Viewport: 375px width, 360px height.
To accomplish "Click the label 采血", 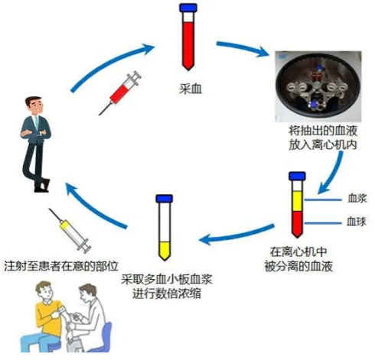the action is [x=191, y=89].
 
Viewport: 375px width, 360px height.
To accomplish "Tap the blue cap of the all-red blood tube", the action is [x=188, y=8].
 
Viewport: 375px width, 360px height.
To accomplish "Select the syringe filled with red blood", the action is [x=120, y=92].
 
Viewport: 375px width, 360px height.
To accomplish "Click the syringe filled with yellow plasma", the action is [x=70, y=231].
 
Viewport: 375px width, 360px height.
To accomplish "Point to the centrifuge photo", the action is [x=318, y=86].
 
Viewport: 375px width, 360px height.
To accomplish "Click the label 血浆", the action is [x=357, y=198].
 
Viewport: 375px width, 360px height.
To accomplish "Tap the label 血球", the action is [x=357, y=222].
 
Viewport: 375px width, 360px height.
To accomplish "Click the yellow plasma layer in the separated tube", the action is [x=297, y=201].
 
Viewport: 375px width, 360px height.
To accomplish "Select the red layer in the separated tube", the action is [x=297, y=224].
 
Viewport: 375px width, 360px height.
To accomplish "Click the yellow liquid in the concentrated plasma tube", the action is [x=165, y=251].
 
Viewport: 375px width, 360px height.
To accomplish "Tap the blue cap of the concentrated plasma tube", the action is [x=165, y=199].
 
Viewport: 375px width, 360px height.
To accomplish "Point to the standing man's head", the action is [x=34, y=105].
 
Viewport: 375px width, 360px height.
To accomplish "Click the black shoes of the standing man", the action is [x=42, y=186].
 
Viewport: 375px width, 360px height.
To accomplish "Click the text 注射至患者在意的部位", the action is [x=61, y=266].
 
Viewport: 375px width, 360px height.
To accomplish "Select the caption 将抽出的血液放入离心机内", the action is [x=323, y=138].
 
